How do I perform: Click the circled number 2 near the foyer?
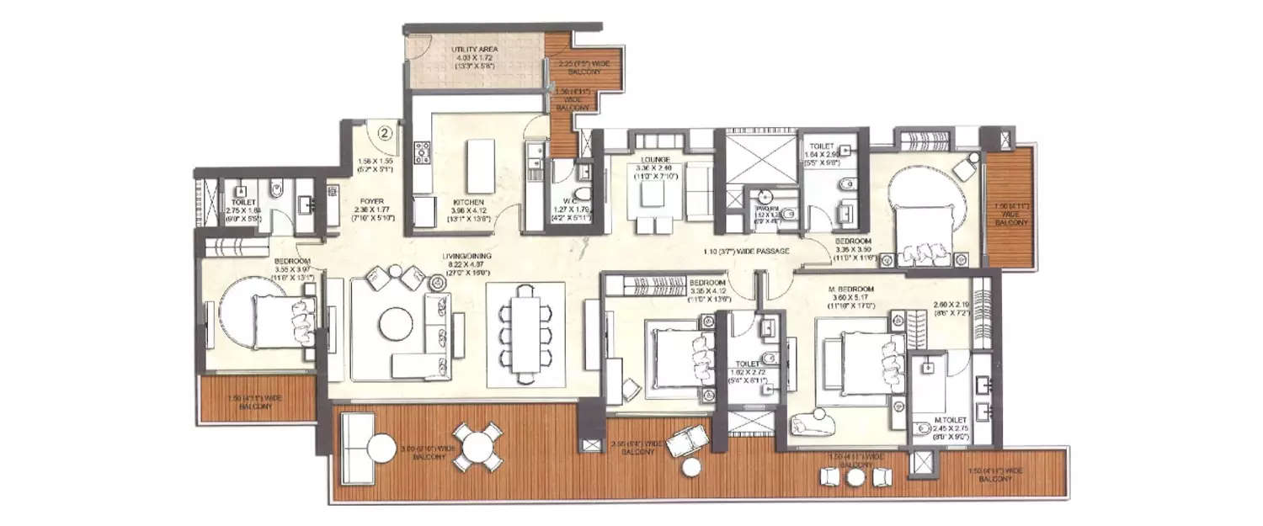click(385, 131)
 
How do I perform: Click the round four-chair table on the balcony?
click(478, 446)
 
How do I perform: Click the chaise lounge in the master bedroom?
click(813, 420)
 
